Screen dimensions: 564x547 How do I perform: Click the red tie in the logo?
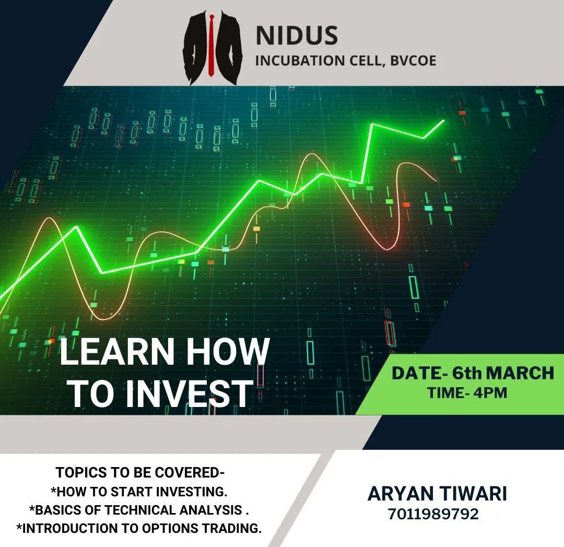click(211, 45)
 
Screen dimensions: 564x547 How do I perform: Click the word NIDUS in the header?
click(297, 36)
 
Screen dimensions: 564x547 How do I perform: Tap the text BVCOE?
click(413, 61)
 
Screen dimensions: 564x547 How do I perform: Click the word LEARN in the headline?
click(118, 352)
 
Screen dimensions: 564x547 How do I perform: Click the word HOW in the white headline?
click(228, 352)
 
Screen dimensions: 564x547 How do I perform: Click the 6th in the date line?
click(466, 373)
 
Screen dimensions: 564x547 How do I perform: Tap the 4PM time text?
click(490, 392)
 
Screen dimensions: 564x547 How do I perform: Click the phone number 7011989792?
click(433, 514)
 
